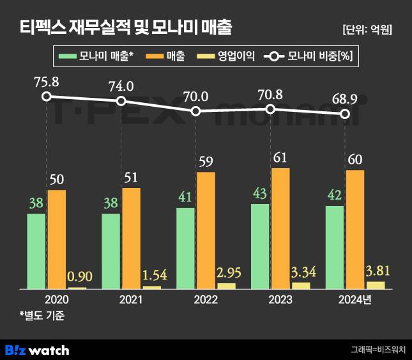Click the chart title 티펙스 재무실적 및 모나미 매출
[125, 27]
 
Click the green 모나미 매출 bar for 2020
[36, 251]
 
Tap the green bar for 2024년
[335, 247]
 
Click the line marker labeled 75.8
[46, 97]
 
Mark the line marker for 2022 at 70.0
[195, 111]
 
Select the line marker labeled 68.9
[345, 114]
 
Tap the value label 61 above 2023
[280, 157]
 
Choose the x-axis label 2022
[205, 299]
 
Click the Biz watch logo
[37, 349]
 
